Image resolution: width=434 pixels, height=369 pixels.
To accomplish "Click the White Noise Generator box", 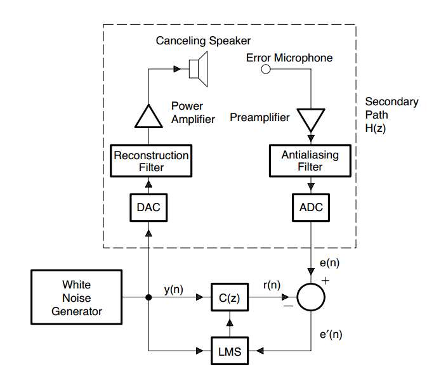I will pyautogui.click(x=77, y=298).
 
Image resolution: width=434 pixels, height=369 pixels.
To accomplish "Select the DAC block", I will pyautogui.click(x=148, y=207).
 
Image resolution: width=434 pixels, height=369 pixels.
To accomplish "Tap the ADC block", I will pyautogui.click(x=311, y=207).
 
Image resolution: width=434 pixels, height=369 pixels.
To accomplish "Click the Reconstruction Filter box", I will pyautogui.click(x=151, y=161).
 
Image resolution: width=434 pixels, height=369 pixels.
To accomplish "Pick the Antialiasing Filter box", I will pyautogui.click(x=310, y=161).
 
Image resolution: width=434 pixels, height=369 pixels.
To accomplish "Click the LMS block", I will pyautogui.click(x=228, y=351).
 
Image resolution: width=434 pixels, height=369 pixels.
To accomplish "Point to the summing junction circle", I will pyautogui.click(x=312, y=297).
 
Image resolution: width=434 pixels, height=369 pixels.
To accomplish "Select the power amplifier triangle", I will pyautogui.click(x=148, y=116).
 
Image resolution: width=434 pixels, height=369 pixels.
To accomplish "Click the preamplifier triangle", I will pyautogui.click(x=311, y=119).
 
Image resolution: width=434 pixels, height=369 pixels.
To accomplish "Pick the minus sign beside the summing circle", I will pyautogui.click(x=289, y=306).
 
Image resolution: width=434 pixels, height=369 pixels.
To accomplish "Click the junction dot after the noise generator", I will pyautogui.click(x=148, y=297).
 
